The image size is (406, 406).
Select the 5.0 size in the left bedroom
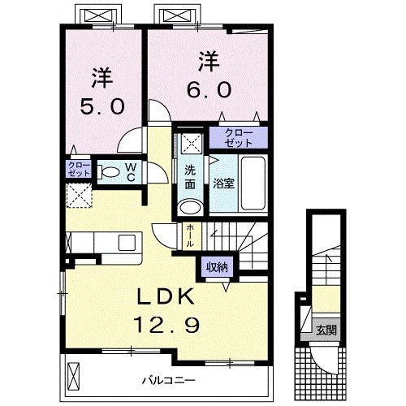[101, 106]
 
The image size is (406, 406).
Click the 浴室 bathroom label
[224, 183]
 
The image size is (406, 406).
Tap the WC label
[129, 171]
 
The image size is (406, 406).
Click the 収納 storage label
[215, 265]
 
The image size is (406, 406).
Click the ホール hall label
[189, 235]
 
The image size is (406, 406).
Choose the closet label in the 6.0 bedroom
[233, 137]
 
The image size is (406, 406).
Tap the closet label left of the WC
[79, 170]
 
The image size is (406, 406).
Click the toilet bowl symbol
[110, 172]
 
